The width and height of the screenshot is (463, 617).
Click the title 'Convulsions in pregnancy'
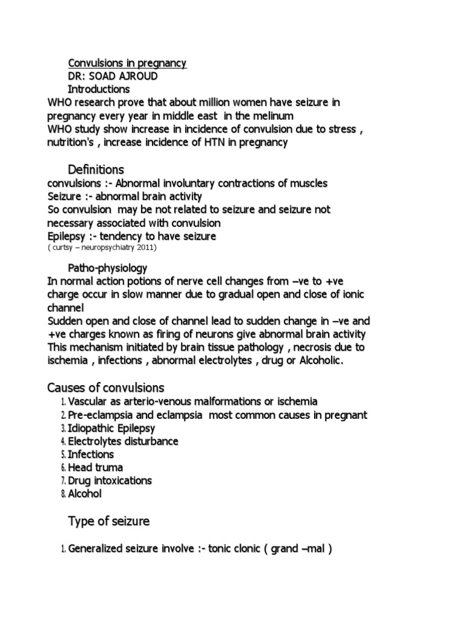[127, 63]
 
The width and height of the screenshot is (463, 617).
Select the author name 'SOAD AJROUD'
[131, 77]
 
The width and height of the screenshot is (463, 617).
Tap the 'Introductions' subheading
[98, 89]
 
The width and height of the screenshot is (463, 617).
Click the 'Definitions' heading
[96, 169]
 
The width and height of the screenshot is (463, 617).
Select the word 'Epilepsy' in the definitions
[67, 236]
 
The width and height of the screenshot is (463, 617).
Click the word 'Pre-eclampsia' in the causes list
[98, 415]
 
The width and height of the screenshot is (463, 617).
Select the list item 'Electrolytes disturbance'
[123, 441]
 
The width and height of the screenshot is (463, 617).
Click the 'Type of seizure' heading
[109, 521]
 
